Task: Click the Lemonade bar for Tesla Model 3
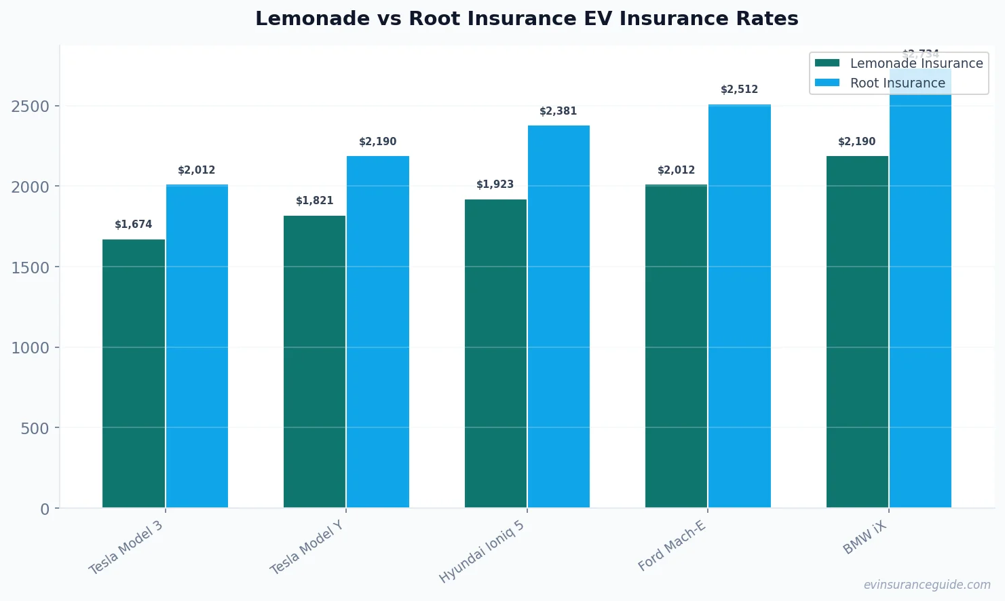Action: point(134,373)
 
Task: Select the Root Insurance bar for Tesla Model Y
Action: point(378,332)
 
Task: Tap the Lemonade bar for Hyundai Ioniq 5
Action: point(495,353)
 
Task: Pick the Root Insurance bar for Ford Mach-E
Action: point(740,306)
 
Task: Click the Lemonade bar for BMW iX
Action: point(857,332)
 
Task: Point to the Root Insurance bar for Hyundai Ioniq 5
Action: point(558,316)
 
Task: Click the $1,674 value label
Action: point(134,225)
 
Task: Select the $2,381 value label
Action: point(558,111)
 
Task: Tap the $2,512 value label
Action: point(740,90)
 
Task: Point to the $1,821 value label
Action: point(315,201)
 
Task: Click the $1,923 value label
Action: point(495,185)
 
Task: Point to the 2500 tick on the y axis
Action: point(31,106)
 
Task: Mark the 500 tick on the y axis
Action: point(35,429)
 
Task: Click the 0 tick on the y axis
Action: point(45,509)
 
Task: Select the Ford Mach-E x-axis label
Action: point(672,546)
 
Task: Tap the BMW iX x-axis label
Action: point(865,539)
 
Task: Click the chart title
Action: point(527,18)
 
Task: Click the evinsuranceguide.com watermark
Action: point(927,585)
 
